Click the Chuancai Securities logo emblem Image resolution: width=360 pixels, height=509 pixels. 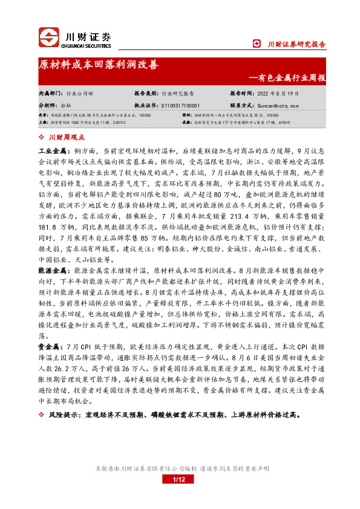pyautogui.click(x=50, y=37)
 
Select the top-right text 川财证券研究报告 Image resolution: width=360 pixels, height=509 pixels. pyautogui.click(x=296, y=44)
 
